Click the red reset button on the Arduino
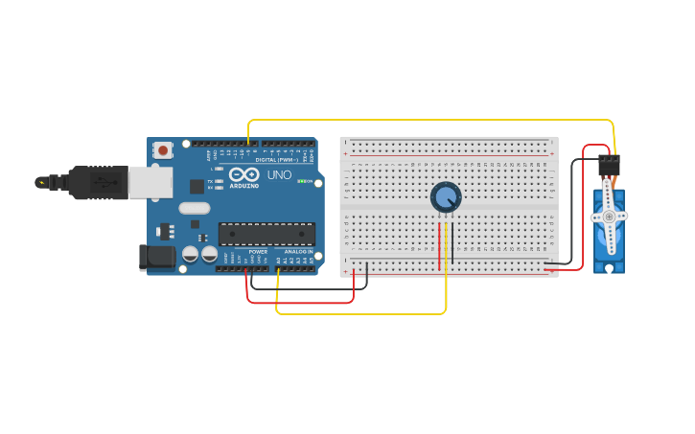(x=164, y=149)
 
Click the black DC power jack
(x=155, y=257)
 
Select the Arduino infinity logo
(x=243, y=174)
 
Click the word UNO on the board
(x=278, y=175)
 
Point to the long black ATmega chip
(x=266, y=234)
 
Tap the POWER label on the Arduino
(x=258, y=252)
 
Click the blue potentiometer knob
(x=446, y=197)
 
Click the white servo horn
(x=609, y=217)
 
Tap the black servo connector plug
(x=608, y=165)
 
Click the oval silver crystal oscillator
(x=194, y=208)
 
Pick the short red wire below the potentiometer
(x=440, y=245)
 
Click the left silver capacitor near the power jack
(x=191, y=254)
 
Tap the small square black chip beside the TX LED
(x=197, y=186)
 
